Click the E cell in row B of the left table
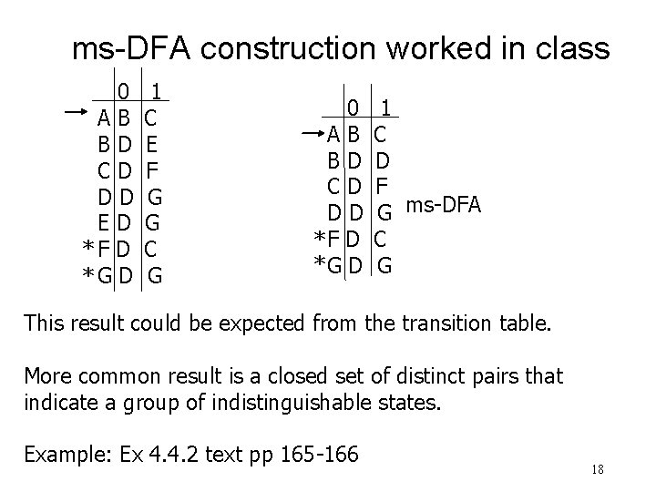pyautogui.click(x=151, y=143)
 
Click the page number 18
pyautogui.click(x=598, y=470)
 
